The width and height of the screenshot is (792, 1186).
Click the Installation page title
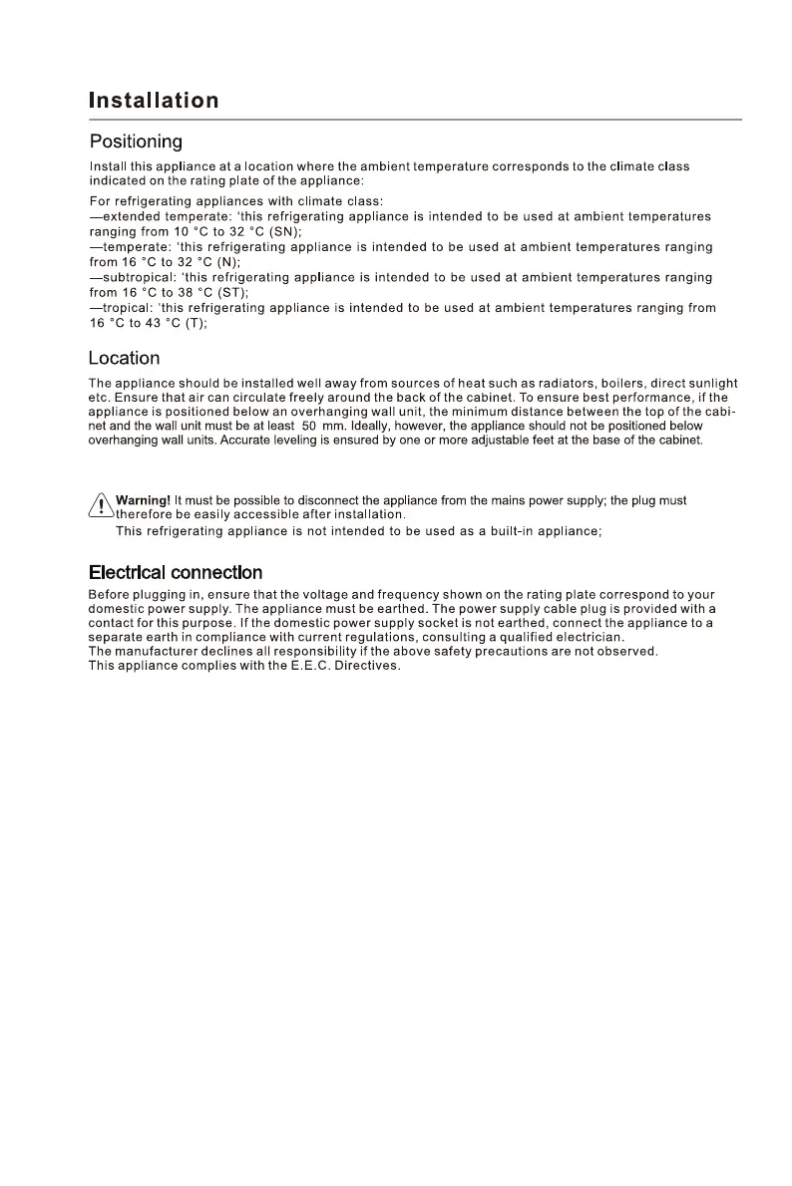pos(154,101)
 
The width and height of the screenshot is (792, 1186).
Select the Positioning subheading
pos(136,142)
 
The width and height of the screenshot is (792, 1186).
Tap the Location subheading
pos(124,358)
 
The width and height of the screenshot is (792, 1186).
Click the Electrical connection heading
pos(176,572)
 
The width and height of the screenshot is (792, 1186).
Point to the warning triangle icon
pos(101,507)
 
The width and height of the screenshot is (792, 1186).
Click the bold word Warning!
pos(144,500)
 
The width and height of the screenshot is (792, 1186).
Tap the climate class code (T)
pos(195,323)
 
